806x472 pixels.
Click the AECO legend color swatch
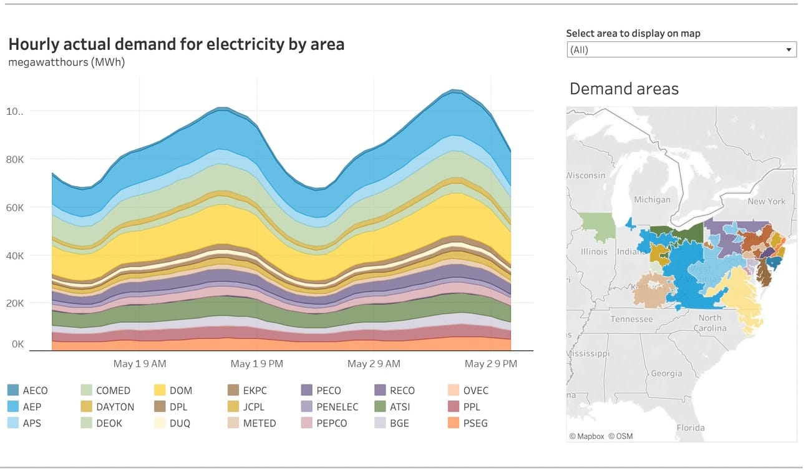click(x=13, y=390)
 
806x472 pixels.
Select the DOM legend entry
click(x=180, y=390)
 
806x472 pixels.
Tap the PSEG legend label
click(x=475, y=423)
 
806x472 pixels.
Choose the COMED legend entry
click(x=113, y=390)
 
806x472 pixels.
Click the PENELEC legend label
click(x=337, y=406)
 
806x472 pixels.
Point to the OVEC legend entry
click(x=475, y=390)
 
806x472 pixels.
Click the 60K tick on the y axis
click(x=15, y=207)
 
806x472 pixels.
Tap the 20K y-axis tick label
click(x=15, y=303)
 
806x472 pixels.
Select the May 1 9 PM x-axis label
click(x=257, y=363)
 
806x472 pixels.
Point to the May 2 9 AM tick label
click(x=374, y=363)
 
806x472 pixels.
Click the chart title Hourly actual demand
click(x=176, y=44)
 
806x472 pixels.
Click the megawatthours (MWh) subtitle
click(x=67, y=62)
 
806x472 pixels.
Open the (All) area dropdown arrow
click(x=789, y=50)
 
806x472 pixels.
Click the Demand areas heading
click(x=624, y=89)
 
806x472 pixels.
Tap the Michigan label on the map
click(x=652, y=199)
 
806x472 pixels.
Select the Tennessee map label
click(x=631, y=319)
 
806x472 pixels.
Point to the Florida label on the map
click(x=691, y=428)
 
